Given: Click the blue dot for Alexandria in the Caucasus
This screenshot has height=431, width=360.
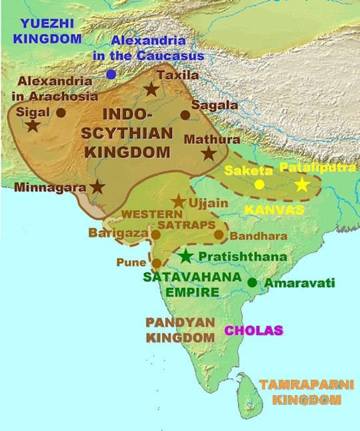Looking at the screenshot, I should (x=110, y=74).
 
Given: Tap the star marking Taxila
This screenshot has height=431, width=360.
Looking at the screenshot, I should (x=152, y=89).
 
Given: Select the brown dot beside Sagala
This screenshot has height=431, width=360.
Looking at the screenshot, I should (x=185, y=115).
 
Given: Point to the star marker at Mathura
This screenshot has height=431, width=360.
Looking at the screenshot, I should (x=209, y=153).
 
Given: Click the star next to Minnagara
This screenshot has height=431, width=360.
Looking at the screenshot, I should (x=98, y=187).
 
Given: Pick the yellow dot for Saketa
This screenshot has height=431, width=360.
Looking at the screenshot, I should (x=259, y=184).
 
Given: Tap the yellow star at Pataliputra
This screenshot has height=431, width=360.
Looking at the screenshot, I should (x=302, y=185).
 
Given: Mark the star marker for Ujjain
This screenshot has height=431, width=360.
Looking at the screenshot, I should (x=179, y=201).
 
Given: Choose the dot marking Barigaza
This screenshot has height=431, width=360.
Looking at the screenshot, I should (x=155, y=234).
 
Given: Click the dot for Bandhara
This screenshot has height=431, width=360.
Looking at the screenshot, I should (x=219, y=234).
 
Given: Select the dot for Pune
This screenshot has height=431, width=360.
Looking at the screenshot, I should (x=157, y=263).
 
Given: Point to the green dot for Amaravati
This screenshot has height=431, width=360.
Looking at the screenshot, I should (x=252, y=282).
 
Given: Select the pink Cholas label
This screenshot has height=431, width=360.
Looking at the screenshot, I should (x=253, y=330).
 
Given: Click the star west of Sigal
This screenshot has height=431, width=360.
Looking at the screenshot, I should (x=32, y=125).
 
